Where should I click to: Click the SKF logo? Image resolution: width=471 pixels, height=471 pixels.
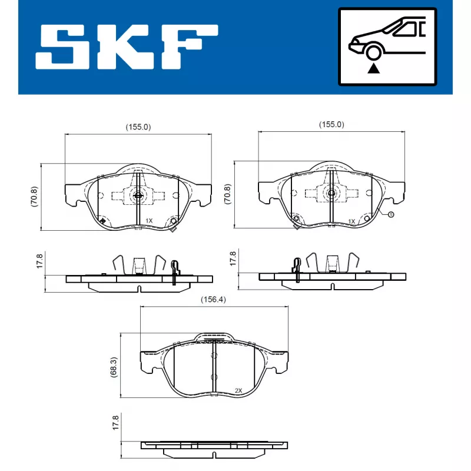[x=127, y=47]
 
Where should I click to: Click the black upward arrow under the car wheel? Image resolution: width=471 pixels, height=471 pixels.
[x=373, y=69]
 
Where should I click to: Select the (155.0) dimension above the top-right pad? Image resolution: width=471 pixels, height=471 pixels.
[x=331, y=125]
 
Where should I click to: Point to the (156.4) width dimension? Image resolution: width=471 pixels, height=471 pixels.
[x=213, y=299]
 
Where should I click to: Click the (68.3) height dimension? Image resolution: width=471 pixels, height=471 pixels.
[x=115, y=366]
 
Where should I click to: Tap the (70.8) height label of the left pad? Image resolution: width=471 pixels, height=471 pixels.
[x=35, y=196]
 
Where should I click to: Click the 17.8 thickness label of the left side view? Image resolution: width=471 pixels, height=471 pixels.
[x=39, y=261]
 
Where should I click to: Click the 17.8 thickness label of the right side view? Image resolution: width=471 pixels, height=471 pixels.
[x=233, y=260]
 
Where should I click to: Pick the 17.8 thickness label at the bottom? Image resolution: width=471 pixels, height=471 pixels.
[x=115, y=424]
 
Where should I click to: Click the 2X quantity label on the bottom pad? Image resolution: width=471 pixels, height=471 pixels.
[x=238, y=390]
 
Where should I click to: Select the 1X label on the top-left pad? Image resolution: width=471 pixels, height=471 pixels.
[x=149, y=220]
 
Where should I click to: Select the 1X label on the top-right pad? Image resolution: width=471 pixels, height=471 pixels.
[x=351, y=221]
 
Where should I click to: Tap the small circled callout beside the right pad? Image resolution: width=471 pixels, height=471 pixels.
[x=390, y=214]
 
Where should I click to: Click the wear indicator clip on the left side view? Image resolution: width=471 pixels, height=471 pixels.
[x=174, y=272]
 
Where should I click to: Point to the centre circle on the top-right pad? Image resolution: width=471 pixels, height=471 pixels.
[x=331, y=193]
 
